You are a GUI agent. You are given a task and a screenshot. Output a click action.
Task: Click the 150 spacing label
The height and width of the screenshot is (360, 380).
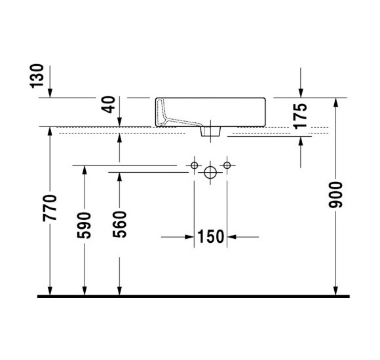point(211,236)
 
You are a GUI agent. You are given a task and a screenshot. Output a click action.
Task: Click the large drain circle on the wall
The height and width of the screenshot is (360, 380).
point(210,173)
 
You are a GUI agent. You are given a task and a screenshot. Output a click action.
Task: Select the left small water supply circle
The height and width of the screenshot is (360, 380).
point(195,165)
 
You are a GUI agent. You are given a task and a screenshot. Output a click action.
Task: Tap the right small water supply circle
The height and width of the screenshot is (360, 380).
point(227,165)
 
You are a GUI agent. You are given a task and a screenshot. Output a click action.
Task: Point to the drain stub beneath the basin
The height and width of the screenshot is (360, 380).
point(210,132)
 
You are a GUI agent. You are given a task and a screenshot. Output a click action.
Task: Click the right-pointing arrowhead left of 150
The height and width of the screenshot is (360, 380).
point(189,236)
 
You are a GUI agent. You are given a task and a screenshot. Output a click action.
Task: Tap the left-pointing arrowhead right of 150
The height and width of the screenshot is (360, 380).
point(232,236)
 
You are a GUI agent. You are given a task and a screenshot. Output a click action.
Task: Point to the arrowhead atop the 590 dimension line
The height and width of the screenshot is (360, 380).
point(84,171)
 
